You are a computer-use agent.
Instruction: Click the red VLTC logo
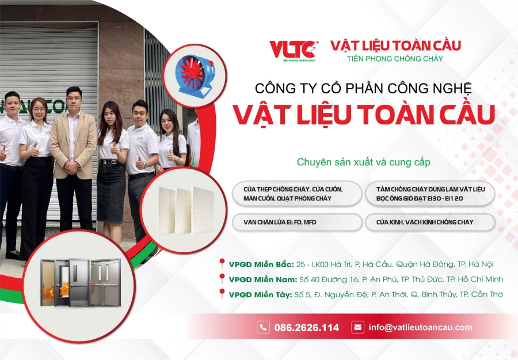pyautogui.click(x=294, y=50)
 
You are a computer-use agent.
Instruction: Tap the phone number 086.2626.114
pyautogui.click(x=307, y=328)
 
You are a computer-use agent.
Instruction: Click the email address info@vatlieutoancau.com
pyautogui.click(x=421, y=327)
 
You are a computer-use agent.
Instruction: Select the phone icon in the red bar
pyautogui.click(x=263, y=327)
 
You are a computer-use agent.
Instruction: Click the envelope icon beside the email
pyautogui.click(x=357, y=327)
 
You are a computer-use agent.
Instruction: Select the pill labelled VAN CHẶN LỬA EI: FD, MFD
pyautogui.click(x=297, y=222)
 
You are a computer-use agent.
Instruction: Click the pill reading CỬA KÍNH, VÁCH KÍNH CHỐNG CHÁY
pyautogui.click(x=430, y=222)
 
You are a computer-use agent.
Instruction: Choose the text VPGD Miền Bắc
pyautogui.click(x=261, y=264)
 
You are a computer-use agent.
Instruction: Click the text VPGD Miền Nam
pyautogui.click(x=263, y=280)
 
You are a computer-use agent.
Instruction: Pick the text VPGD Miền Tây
pyautogui.click(x=260, y=294)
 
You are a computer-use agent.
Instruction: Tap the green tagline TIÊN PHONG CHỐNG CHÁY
pyautogui.click(x=395, y=59)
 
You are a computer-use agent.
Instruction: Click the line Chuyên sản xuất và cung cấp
pyautogui.click(x=363, y=162)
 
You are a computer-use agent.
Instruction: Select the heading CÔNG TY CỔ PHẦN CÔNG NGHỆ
pyautogui.click(x=363, y=89)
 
